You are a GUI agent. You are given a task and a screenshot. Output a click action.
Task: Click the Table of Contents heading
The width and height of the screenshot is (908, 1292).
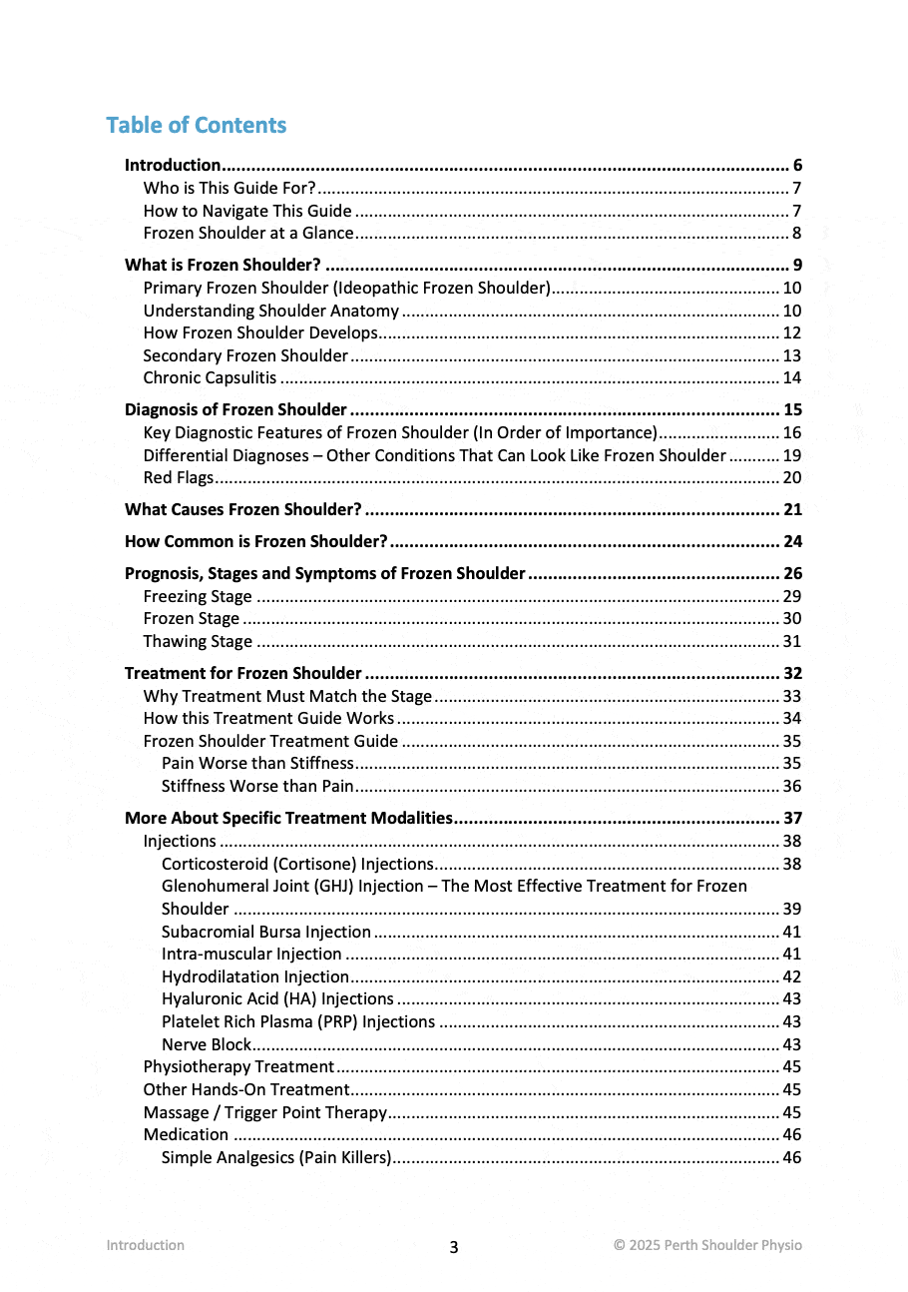[x=196, y=125]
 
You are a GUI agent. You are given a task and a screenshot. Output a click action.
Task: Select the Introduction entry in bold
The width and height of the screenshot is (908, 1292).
[x=173, y=166]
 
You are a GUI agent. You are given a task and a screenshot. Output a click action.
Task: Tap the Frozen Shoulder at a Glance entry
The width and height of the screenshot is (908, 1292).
[x=248, y=234]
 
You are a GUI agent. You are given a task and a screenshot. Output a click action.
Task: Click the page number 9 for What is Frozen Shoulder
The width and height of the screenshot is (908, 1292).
[x=797, y=265]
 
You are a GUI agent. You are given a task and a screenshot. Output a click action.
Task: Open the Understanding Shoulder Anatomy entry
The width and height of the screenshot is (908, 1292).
[x=270, y=311]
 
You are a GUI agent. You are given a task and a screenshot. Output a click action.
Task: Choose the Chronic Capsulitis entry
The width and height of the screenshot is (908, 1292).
[x=210, y=377]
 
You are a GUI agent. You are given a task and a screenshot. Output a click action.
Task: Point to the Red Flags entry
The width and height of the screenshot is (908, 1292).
[x=179, y=477]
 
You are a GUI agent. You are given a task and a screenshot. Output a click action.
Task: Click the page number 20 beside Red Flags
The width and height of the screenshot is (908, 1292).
[x=792, y=477]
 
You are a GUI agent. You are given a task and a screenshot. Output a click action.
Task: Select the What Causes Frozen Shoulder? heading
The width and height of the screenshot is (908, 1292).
[x=242, y=509]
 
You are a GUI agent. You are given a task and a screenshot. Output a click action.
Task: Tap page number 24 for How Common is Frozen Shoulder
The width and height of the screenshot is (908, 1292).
[x=792, y=542]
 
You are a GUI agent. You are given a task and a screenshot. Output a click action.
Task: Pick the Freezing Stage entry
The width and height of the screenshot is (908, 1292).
[x=198, y=596]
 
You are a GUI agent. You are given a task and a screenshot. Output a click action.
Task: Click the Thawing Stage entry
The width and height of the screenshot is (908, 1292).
[x=198, y=641]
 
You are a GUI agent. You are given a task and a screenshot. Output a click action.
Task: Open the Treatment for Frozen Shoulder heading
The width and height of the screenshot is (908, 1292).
[x=242, y=673]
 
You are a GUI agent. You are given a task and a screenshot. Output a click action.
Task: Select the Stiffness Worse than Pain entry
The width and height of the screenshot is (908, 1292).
[x=257, y=786]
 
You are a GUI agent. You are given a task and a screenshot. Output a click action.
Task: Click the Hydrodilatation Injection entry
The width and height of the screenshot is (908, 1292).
[x=255, y=976]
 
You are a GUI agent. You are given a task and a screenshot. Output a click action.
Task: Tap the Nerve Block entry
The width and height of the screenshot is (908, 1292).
[x=207, y=1044]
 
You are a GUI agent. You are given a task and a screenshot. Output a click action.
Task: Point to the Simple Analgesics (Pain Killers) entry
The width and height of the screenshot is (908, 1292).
[x=276, y=1157]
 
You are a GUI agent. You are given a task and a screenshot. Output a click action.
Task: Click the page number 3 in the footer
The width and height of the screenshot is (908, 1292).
[x=454, y=1247]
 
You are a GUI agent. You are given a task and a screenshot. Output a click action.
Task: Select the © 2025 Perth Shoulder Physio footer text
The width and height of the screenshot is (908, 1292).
[x=707, y=1245]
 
